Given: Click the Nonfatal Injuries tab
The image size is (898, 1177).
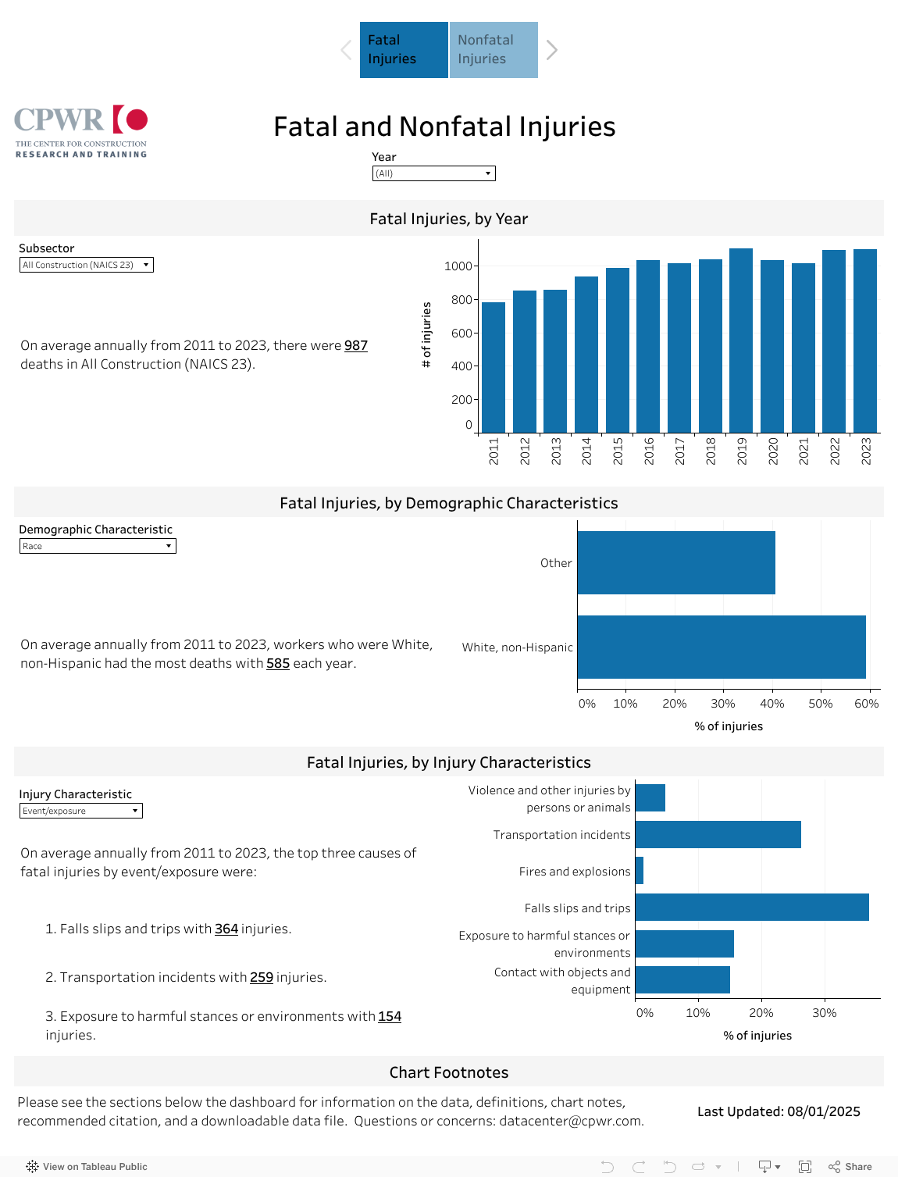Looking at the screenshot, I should point(494,50).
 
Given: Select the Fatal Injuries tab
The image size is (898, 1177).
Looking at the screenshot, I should point(404,50).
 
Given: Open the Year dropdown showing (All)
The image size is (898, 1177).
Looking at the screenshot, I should point(433,173).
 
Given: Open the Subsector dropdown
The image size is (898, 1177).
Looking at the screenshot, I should point(86,265).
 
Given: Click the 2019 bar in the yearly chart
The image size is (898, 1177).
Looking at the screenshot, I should point(740,341).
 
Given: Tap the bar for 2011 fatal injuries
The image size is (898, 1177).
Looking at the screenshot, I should point(494,367).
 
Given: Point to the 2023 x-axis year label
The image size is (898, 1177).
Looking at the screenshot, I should point(866,451).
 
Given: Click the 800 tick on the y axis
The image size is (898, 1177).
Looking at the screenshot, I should point(461,300).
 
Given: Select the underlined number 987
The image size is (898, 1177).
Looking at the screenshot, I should point(356,345).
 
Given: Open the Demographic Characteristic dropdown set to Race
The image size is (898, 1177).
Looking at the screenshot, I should point(98,546).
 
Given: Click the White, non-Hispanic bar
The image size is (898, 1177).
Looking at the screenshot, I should point(721,647).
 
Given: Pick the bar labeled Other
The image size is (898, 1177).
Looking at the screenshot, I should point(675,562).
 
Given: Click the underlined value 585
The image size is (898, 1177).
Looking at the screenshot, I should point(278,663).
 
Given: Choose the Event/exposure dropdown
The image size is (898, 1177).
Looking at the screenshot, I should point(80,811).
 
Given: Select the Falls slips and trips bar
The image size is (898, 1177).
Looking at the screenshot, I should point(751,908).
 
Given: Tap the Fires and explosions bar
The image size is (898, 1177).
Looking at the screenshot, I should point(640,871).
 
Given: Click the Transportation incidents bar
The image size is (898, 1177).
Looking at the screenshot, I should point(718,834).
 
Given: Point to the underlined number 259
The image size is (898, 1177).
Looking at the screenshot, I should point(262,977).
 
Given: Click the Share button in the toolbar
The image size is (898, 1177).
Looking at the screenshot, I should point(850,1166).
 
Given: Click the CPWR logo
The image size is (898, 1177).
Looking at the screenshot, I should point(81,131).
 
